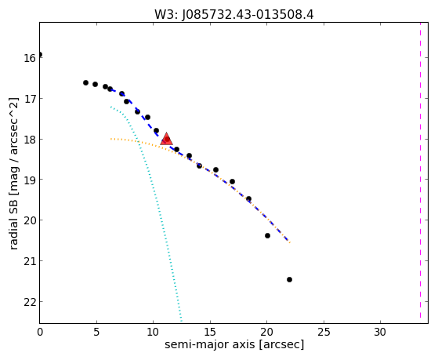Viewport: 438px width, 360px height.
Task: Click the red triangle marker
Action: point(166,140)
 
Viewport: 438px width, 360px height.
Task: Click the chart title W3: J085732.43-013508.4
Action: point(234,15)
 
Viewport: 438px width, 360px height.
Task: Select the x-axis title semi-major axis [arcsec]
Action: point(234,344)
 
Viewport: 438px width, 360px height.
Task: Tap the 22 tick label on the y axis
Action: point(30,302)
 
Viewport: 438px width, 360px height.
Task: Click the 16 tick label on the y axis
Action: point(30,58)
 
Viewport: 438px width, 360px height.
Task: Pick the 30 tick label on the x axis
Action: point(380,332)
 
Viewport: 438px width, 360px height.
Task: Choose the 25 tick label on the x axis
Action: point(324,332)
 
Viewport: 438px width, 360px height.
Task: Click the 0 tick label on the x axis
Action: point(40,332)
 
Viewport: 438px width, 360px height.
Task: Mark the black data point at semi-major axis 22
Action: point(289,279)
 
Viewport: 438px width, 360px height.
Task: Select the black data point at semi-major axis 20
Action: point(267,235)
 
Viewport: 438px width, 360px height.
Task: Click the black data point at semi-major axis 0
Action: point(40,54)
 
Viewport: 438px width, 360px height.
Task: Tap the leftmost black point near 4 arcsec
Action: point(85,83)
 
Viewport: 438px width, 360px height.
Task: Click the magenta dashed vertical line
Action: point(420,171)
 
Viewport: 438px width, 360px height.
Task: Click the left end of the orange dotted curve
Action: point(111,139)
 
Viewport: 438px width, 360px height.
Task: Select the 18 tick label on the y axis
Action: point(30,140)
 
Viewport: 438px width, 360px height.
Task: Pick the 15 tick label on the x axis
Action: point(210,332)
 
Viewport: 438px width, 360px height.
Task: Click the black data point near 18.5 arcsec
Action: point(248,199)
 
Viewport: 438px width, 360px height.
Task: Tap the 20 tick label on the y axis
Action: point(30,220)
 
